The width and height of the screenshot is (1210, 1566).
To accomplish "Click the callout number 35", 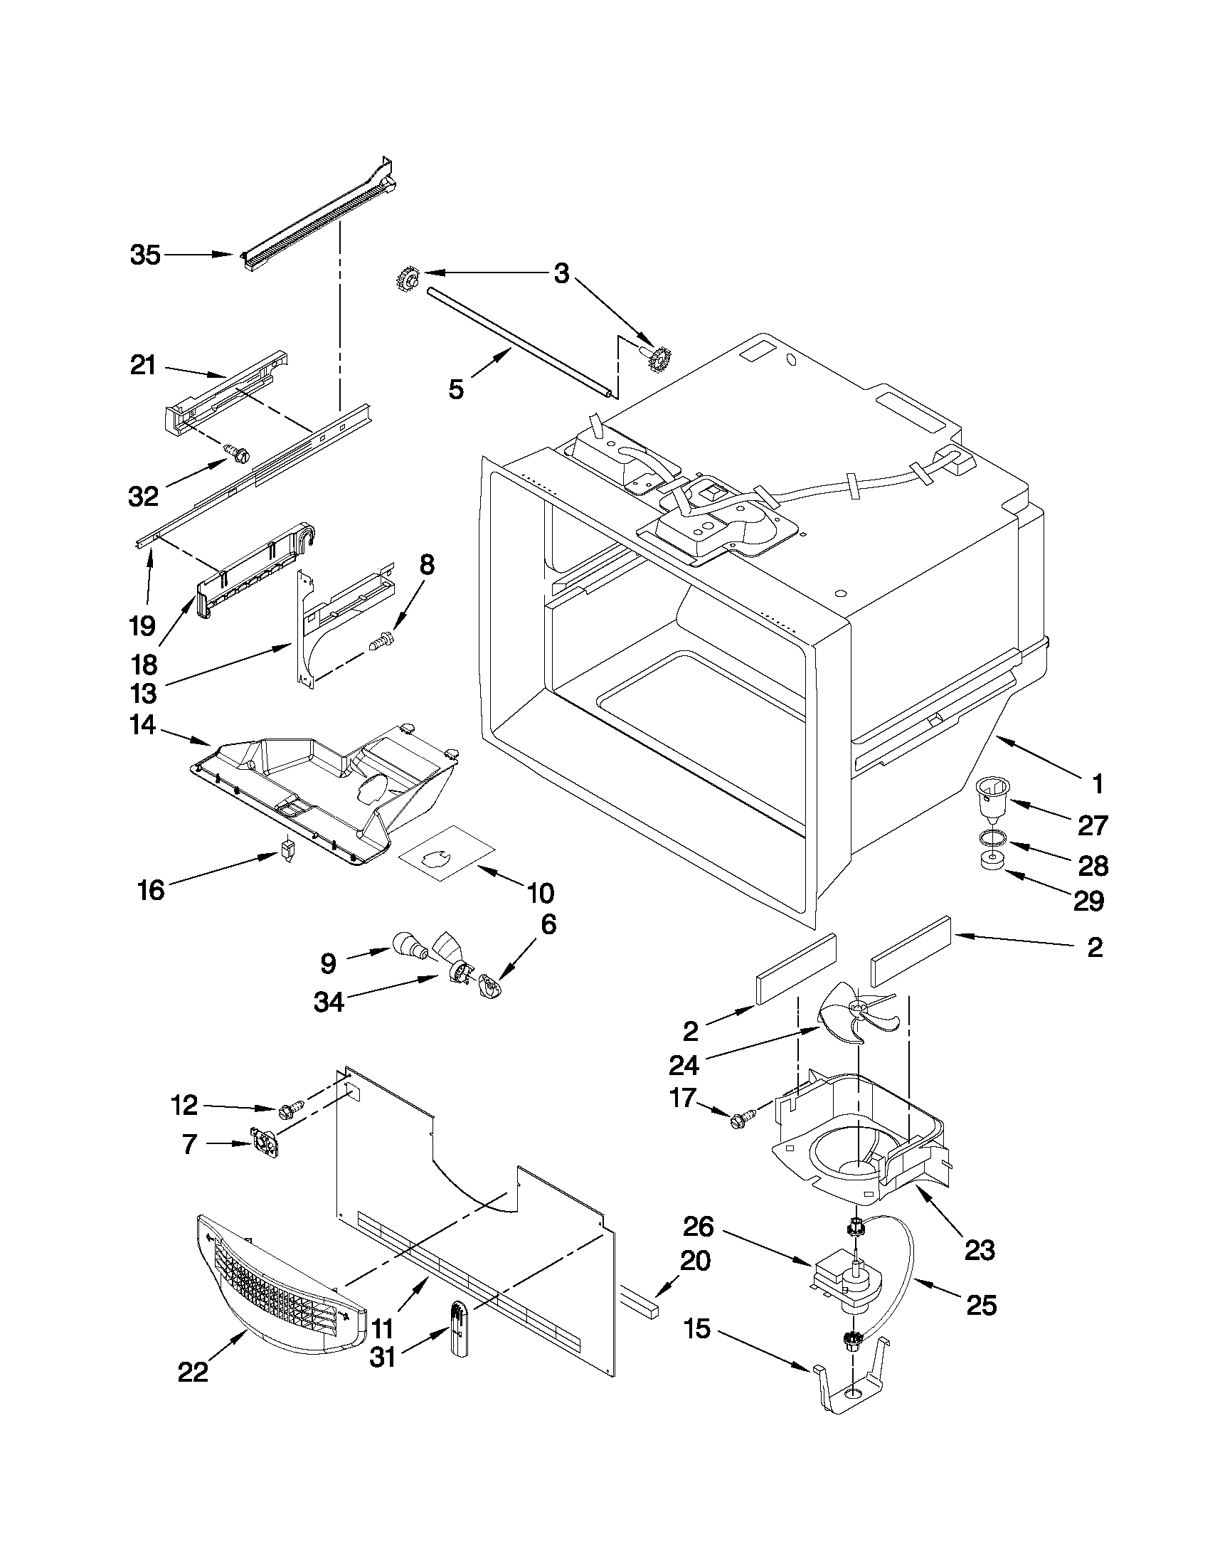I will coord(146,255).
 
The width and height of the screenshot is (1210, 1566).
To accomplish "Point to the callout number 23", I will coord(980,1250).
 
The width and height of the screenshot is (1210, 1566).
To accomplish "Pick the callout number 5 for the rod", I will coord(456,389).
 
